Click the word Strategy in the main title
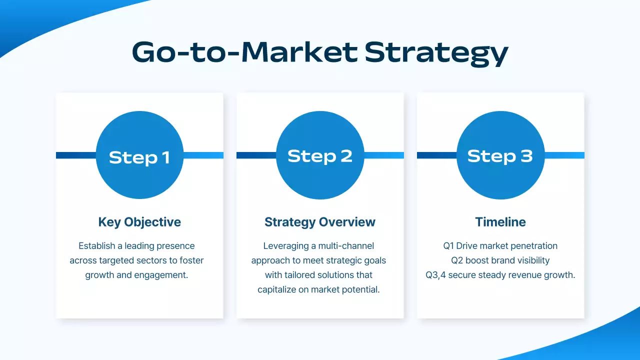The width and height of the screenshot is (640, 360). [x=436, y=53]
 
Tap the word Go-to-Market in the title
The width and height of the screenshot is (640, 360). [x=245, y=52]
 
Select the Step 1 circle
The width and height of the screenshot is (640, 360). [x=139, y=155]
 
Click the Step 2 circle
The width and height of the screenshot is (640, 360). [x=320, y=155]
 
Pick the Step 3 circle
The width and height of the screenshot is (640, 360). [x=500, y=155]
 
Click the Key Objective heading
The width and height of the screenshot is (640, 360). [x=139, y=222]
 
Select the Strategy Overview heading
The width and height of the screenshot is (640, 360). [x=320, y=222]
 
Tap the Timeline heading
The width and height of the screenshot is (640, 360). [x=500, y=222]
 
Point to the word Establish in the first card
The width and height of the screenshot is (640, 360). [x=97, y=246]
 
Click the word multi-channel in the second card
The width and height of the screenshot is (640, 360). [x=346, y=246]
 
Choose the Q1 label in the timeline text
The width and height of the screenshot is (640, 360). [x=448, y=246]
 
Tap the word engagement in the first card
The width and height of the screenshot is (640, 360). [x=163, y=275]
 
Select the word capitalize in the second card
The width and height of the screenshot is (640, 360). [x=278, y=289]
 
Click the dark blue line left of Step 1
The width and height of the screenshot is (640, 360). [x=75, y=155]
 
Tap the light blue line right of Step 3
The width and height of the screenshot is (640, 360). [x=564, y=155]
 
